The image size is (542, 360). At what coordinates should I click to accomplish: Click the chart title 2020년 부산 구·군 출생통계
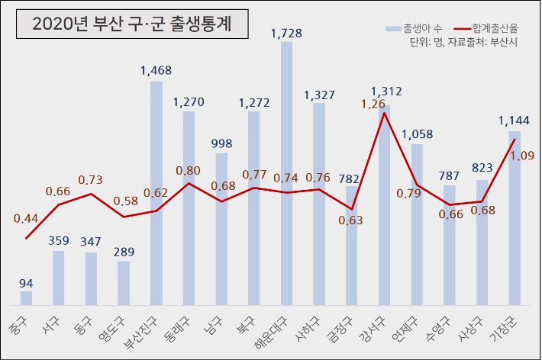coord(134,24)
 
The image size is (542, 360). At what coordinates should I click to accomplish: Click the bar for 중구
coord(26,297)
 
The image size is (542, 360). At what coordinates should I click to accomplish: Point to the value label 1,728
coord(286,32)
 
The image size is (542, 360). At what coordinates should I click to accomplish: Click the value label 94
coord(26,282)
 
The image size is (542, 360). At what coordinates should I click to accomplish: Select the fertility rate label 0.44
coord(26,218)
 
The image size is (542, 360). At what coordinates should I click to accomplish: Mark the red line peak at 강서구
coord(384,113)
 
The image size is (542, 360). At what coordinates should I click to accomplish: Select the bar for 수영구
coord(450,245)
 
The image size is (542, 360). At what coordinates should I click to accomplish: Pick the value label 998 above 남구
coord(221,143)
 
